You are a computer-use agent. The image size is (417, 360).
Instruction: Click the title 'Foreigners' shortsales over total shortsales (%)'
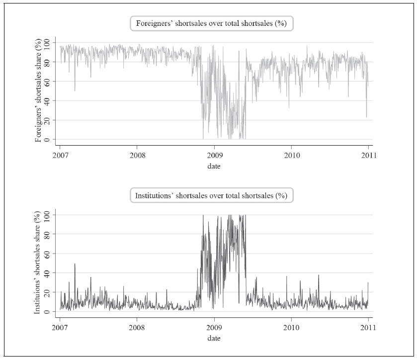(212, 23)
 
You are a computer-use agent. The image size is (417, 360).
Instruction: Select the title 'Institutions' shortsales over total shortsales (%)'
(212, 195)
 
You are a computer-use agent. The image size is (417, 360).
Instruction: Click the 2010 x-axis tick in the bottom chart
(291, 328)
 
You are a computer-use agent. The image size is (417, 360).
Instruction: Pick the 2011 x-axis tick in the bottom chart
(368, 328)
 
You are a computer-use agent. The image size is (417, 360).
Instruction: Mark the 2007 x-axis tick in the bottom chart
(60, 328)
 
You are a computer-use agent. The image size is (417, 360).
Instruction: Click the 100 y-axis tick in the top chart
(46, 42)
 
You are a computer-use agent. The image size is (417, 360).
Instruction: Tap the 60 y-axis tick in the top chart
(46, 81)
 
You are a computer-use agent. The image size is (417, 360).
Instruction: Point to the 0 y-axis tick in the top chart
(46, 139)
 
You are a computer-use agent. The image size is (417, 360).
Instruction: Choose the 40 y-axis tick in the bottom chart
(46, 273)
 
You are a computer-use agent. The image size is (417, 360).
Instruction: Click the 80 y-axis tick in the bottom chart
(46, 234)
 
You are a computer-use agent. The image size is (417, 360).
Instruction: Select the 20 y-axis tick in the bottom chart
(46, 292)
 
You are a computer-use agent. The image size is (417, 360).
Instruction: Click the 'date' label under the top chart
(214, 166)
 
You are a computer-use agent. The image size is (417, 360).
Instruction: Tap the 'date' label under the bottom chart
(214, 338)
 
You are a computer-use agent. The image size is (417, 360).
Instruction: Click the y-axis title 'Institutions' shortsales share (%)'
(38, 263)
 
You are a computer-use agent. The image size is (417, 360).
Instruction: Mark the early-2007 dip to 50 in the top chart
(75, 90)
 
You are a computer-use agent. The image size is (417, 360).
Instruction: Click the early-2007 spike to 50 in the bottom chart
(75, 264)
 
